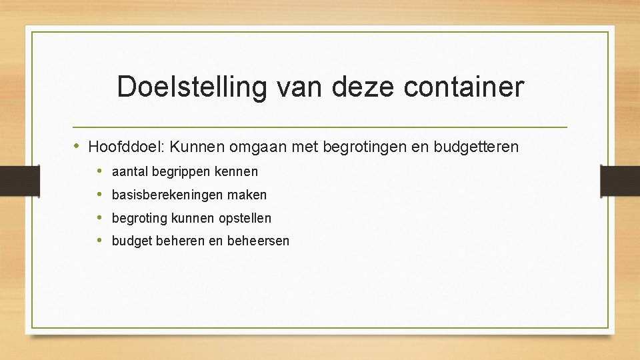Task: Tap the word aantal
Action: coord(130,172)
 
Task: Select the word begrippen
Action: coord(181,172)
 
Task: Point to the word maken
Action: coord(248,195)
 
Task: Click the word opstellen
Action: coord(244,219)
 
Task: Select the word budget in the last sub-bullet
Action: coord(132,241)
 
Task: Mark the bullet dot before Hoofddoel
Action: coord(78,146)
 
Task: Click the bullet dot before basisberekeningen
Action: coord(99,195)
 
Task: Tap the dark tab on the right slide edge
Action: coord(619,180)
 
